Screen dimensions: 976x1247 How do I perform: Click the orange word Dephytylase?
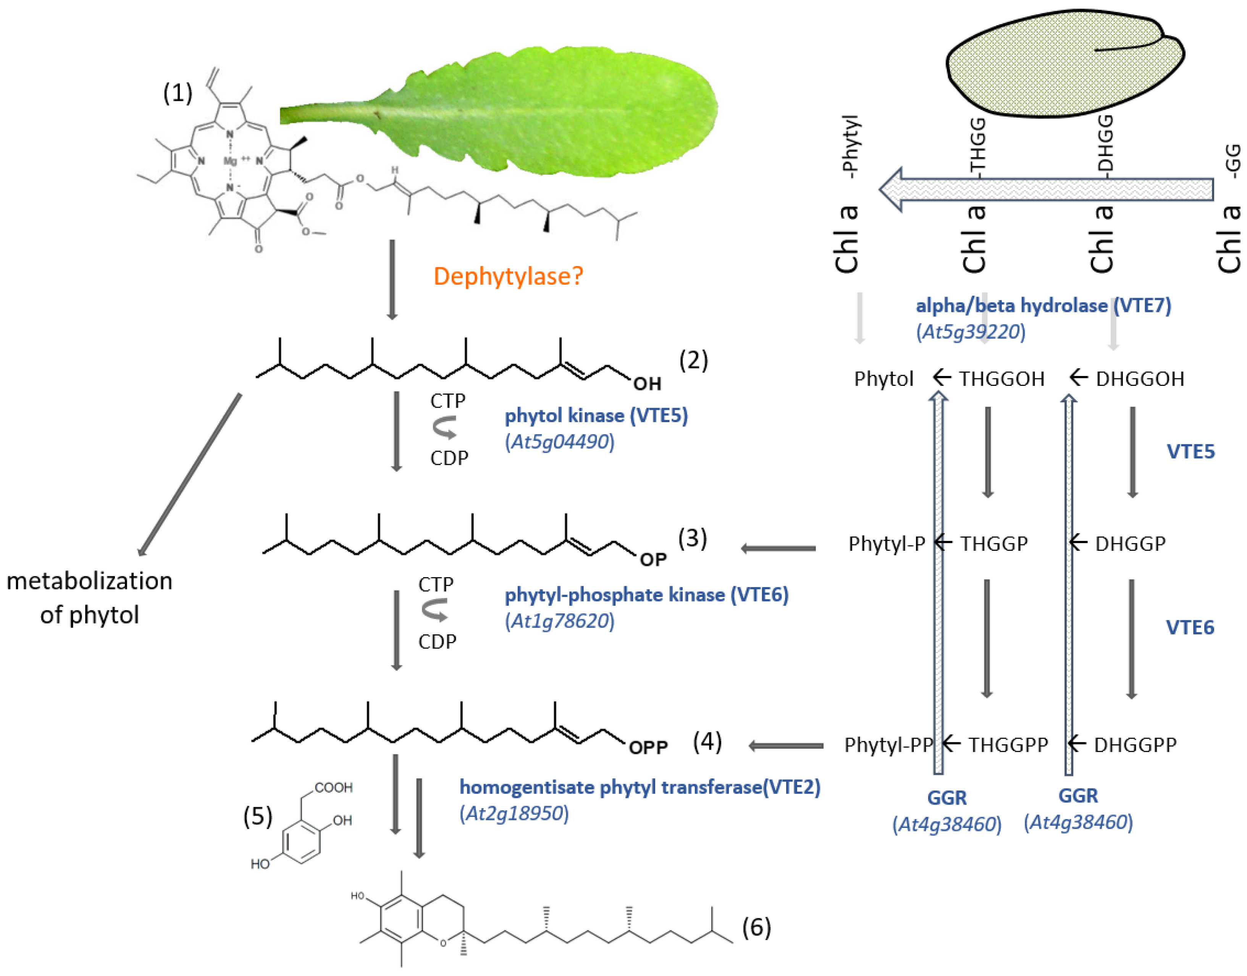pyautogui.click(x=508, y=277)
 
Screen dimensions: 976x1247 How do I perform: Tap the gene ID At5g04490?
pyautogui.click(x=559, y=442)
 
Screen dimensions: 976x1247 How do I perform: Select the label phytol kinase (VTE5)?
pyautogui.click(x=596, y=415)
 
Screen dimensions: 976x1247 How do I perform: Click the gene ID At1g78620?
pyautogui.click(x=559, y=621)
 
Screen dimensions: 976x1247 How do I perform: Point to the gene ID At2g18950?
pyautogui.click(x=514, y=813)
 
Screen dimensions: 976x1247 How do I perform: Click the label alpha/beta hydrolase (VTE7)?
pyautogui.click(x=1043, y=306)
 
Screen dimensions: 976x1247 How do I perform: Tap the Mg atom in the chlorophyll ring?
pyautogui.click(x=230, y=161)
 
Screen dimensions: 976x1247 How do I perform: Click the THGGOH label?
pyautogui.click(x=1001, y=379)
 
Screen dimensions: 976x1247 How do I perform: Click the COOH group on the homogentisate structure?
pyautogui.click(x=333, y=787)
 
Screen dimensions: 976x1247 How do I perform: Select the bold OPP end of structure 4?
pyautogui.click(x=648, y=747)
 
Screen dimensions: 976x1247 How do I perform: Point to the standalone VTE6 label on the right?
pyautogui.click(x=1190, y=628)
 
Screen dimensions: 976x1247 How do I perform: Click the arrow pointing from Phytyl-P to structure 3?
pyautogui.click(x=779, y=548)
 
